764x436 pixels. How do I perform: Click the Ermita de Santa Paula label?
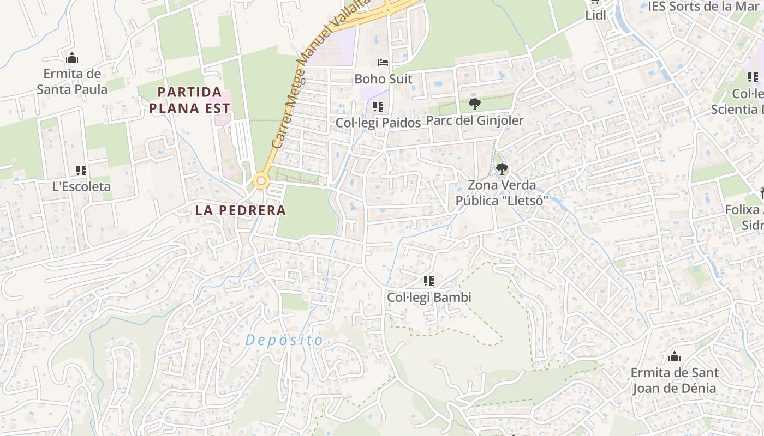[72, 81]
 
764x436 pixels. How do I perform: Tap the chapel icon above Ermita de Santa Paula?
[72, 58]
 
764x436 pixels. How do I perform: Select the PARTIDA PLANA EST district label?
[186, 100]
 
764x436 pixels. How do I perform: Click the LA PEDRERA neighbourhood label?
[241, 210]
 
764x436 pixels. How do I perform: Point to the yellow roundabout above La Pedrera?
[261, 180]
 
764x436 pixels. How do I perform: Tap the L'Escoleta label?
[81, 186]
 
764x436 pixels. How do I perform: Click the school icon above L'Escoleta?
[81, 171]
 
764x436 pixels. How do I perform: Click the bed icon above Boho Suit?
[383, 63]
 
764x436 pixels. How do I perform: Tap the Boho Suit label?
[383, 79]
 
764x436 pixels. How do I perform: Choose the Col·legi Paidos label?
[378, 123]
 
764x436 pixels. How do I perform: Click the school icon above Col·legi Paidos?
[378, 107]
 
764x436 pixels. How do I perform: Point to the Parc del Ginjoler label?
[475, 120]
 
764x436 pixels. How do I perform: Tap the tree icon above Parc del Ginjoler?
[475, 104]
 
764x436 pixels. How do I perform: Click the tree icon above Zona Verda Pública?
[502, 169]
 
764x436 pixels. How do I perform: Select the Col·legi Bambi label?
[429, 298]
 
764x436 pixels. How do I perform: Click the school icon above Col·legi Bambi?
[429, 281]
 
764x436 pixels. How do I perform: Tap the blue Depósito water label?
[284, 340]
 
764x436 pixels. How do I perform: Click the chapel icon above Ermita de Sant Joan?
[675, 357]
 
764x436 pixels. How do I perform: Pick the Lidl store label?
[595, 15]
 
